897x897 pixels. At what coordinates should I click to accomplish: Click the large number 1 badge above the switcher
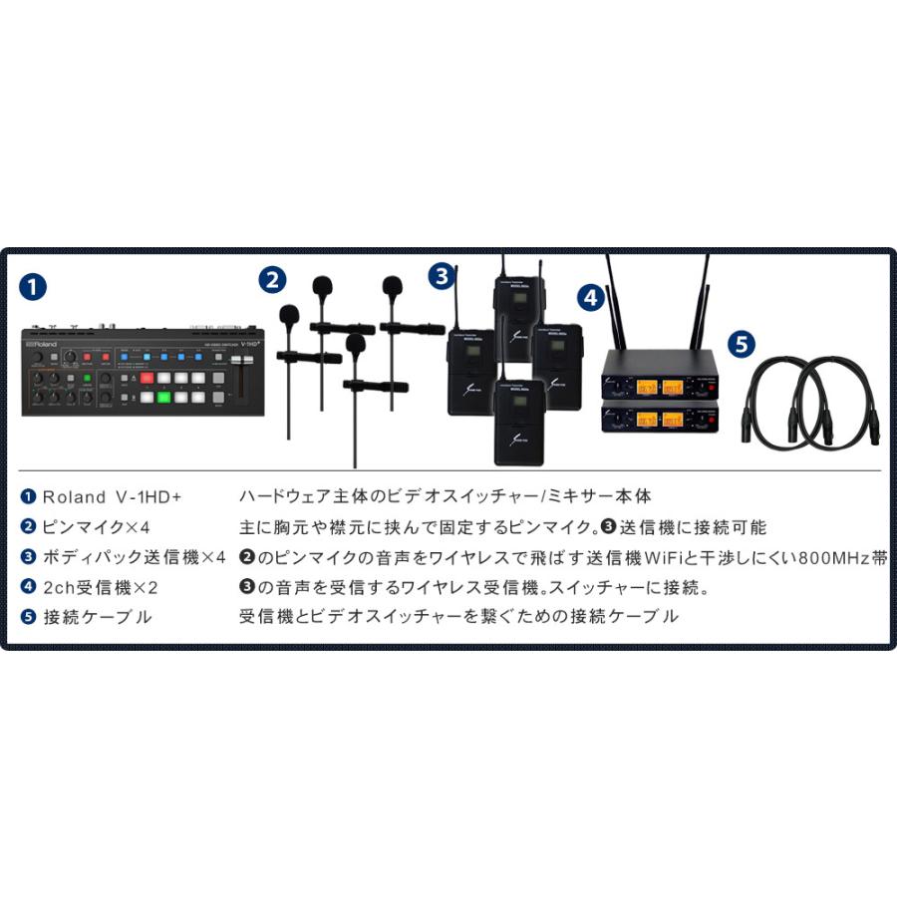(x=33, y=288)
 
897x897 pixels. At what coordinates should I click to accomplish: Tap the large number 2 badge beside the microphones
(x=272, y=280)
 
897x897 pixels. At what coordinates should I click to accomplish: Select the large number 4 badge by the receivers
(x=591, y=296)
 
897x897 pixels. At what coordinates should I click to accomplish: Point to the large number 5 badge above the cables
(x=742, y=345)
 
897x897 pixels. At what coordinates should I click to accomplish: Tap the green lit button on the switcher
(x=163, y=397)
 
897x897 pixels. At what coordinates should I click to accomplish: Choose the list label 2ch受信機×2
(x=100, y=587)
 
